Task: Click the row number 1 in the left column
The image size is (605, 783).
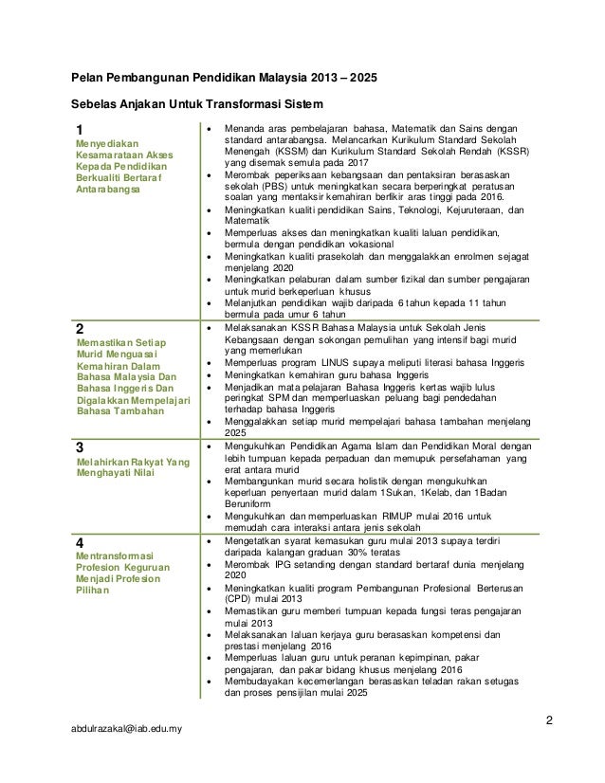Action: [x=80, y=130]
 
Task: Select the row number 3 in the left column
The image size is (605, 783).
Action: [x=80, y=445]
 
